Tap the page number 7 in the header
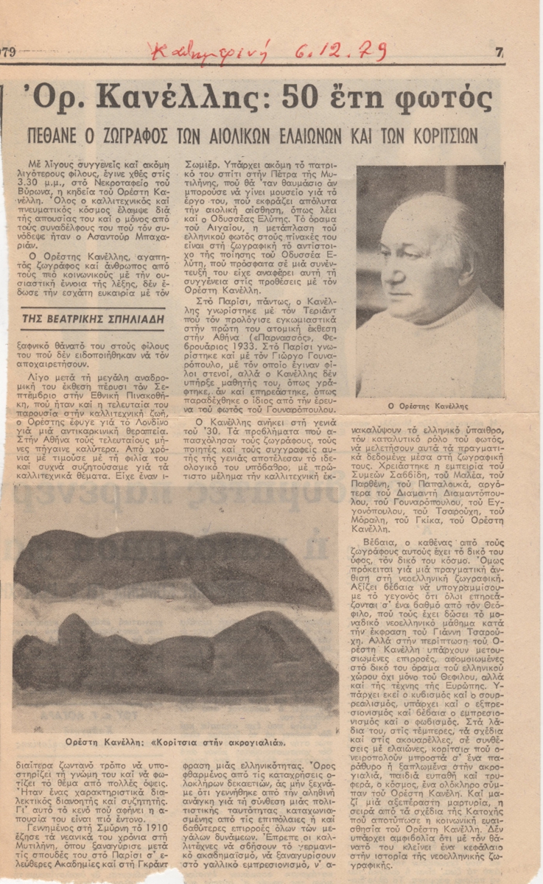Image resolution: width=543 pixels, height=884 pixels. (500, 53)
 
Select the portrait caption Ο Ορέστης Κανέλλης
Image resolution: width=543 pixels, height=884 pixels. (430, 406)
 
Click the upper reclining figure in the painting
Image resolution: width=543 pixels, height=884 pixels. (169, 560)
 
